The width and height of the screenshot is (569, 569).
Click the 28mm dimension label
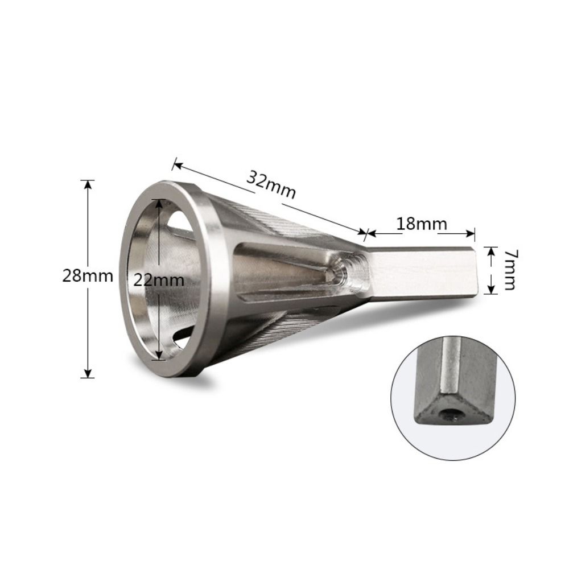coord(87,277)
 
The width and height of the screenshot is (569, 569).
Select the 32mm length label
coord(271,184)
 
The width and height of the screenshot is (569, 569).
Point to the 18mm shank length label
coord(422,224)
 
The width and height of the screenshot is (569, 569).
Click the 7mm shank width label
coord(508,270)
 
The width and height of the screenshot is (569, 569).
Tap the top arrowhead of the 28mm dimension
coord(87,184)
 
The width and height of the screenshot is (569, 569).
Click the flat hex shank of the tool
coord(421,271)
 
